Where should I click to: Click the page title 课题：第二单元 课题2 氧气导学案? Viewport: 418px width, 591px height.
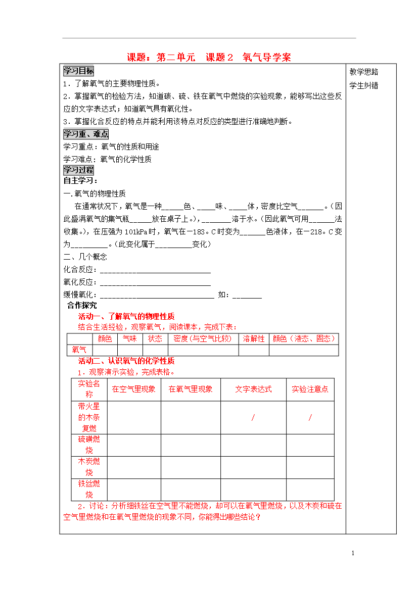pyautogui.click(x=209, y=57)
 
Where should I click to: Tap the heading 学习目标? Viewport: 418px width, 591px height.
pyautogui.click(x=78, y=71)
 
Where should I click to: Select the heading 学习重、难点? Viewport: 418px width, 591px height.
pyautogui.click(x=85, y=134)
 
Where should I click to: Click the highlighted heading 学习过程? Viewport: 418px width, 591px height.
pyautogui.click(x=78, y=170)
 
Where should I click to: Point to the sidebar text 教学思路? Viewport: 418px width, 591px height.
pyautogui.click(x=364, y=72)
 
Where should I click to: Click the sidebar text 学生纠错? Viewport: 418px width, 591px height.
pyautogui.click(x=364, y=85)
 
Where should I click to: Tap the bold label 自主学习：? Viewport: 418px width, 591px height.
pyautogui.click(x=80, y=181)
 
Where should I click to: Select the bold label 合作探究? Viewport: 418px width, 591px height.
pyautogui.click(x=82, y=306)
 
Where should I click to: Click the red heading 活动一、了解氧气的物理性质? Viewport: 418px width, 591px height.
pyautogui.click(x=126, y=317)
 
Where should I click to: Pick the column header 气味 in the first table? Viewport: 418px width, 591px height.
pyautogui.click(x=130, y=339)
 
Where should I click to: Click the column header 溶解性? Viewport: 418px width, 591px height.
pyautogui.click(x=254, y=339)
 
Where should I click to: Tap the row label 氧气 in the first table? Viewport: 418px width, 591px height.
pyautogui.click(x=79, y=350)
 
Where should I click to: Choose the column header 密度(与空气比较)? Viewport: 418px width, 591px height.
pyautogui.click(x=203, y=339)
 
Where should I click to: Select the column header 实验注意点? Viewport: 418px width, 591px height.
pyautogui.click(x=310, y=389)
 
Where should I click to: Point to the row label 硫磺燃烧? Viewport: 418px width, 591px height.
pyautogui.click(x=89, y=445)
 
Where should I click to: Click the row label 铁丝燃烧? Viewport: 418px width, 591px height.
pyautogui.click(x=89, y=488)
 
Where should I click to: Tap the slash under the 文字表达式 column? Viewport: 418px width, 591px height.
pyautogui.click(x=253, y=417)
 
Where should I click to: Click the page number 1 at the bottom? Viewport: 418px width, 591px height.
pyautogui.click(x=353, y=554)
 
